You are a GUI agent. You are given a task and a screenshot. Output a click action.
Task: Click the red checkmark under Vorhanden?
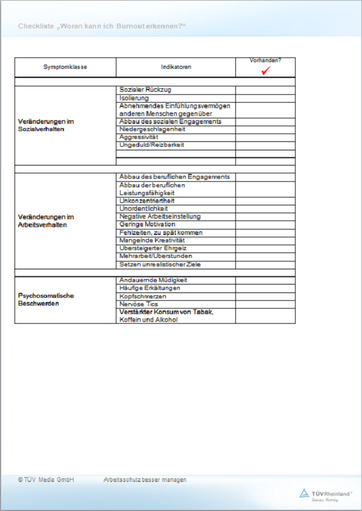tap(265, 71)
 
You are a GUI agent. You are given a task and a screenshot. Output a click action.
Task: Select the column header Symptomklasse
tap(65, 67)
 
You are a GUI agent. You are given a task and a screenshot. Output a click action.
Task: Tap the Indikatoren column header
tap(176, 67)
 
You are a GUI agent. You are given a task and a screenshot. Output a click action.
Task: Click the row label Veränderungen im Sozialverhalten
tap(46, 125)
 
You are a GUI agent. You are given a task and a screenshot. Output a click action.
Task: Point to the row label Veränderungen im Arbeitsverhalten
tap(46, 220)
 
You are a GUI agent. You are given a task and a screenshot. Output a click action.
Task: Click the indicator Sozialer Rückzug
tap(145, 90)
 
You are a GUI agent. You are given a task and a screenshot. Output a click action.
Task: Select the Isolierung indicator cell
tap(134, 98)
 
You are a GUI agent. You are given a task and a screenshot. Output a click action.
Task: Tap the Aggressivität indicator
tap(139, 137)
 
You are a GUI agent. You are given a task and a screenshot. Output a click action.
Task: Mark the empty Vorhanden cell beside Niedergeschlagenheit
tap(265, 129)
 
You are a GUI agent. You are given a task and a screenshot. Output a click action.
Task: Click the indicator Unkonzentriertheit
tap(147, 201)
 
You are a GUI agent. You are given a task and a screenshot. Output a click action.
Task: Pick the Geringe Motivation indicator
tap(147, 224)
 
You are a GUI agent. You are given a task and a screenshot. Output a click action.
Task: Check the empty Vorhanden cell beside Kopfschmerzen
tap(265, 297)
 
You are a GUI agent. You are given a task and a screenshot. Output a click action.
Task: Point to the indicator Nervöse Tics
tap(139, 304)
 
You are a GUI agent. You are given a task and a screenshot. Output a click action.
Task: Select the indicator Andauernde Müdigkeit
tap(153, 280)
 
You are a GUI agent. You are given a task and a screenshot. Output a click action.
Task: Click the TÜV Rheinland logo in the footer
tap(326, 495)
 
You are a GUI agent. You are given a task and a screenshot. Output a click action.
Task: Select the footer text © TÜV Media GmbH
tap(46, 480)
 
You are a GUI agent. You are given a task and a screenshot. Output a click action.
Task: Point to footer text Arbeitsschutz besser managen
tap(145, 480)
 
